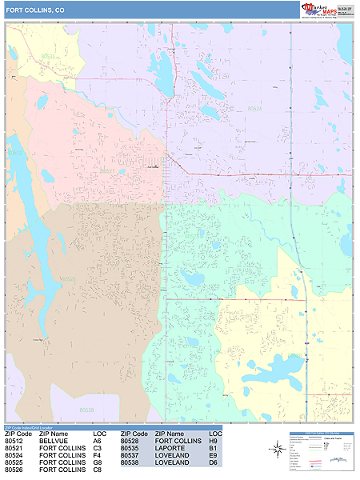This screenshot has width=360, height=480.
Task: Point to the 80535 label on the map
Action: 49,57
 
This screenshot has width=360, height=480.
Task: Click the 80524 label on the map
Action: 254,108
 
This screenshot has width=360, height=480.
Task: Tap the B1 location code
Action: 214,448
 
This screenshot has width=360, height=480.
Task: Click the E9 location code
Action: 214,455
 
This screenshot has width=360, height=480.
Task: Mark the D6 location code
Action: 214,462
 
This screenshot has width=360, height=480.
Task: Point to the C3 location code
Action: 98,448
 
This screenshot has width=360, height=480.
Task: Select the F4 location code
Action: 98,455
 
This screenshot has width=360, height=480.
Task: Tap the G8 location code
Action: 98,462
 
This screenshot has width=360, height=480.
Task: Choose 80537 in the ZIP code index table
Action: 130,455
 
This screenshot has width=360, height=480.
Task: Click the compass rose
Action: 276,450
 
